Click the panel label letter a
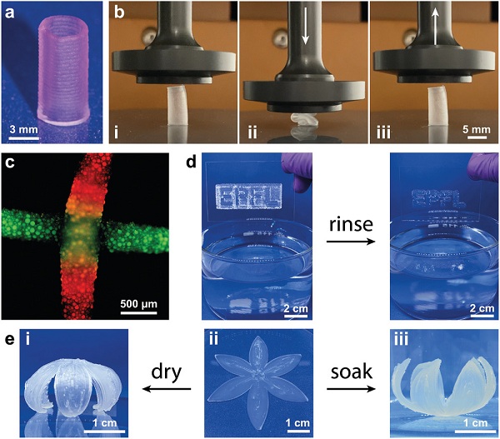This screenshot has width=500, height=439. click(x=9, y=12)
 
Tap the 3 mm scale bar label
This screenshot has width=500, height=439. click(x=23, y=130)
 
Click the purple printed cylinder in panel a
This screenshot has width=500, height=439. click(x=62, y=70)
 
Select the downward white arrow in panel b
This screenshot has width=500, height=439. click(x=305, y=26)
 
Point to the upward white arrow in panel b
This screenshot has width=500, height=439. click(x=436, y=26)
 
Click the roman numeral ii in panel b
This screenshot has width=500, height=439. click(x=252, y=132)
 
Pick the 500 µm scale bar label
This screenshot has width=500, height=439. click(x=138, y=303)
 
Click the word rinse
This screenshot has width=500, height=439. click(x=351, y=224)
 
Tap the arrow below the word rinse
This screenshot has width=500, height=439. click(x=351, y=242)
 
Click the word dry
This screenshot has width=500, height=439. click(x=166, y=373)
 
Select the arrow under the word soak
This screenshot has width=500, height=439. click(x=351, y=389)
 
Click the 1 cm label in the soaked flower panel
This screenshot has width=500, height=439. click(x=475, y=422)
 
